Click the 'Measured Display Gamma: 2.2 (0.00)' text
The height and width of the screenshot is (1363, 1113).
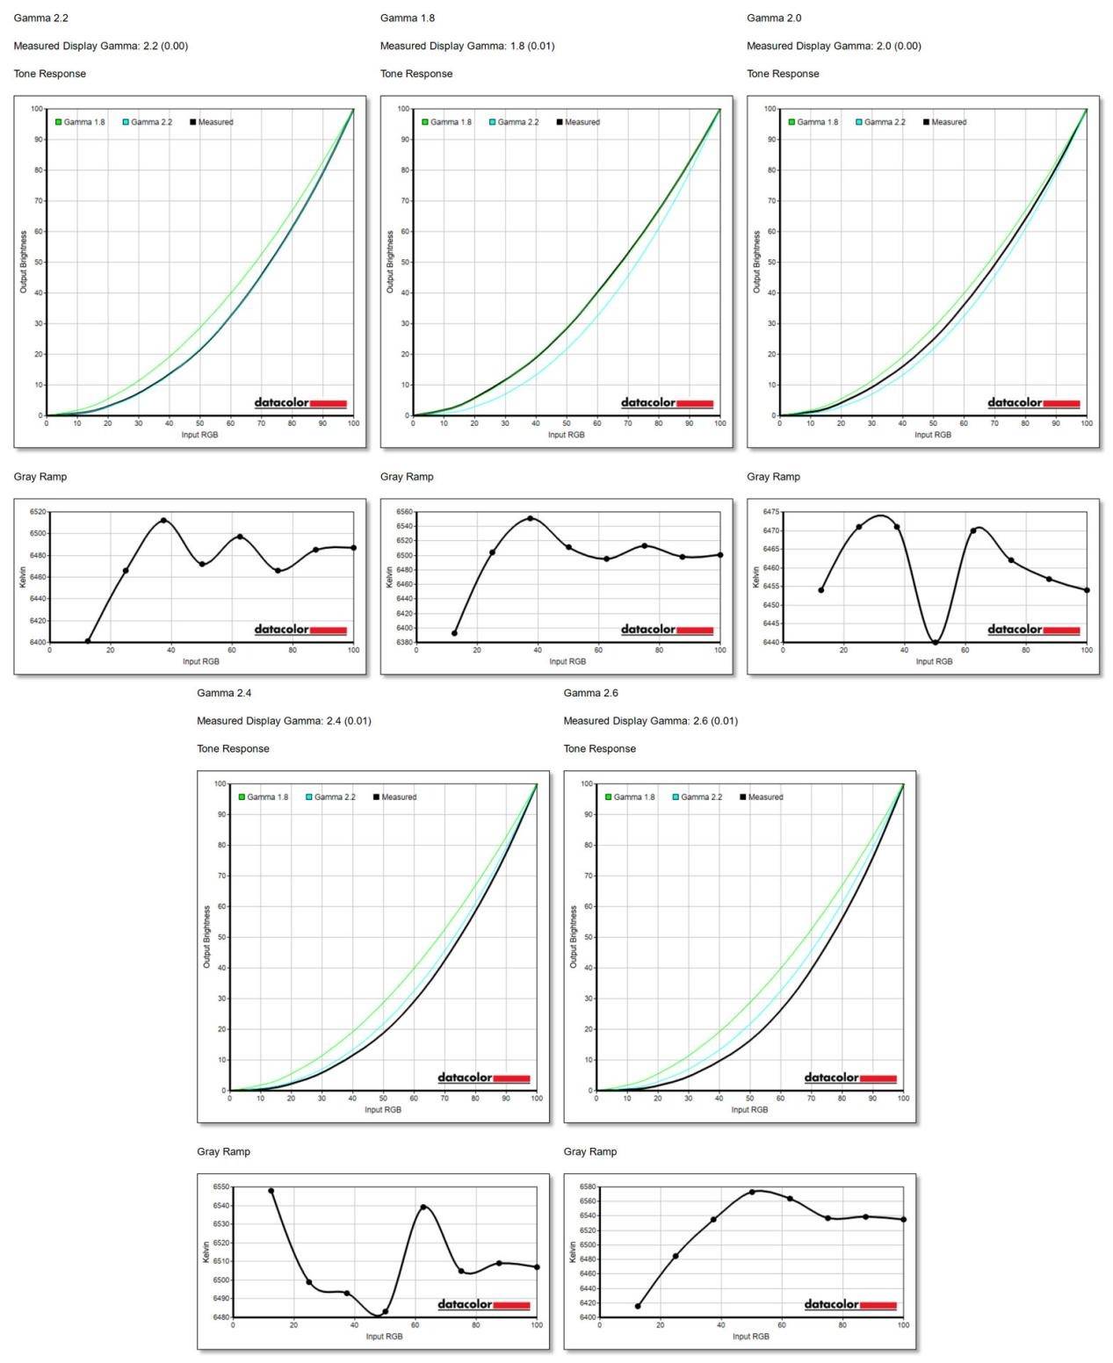[x=100, y=46]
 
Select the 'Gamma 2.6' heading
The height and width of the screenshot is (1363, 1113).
[x=590, y=693]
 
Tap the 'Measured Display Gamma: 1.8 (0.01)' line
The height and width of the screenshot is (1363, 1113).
[x=466, y=46]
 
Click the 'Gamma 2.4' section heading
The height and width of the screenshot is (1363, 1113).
[x=224, y=693]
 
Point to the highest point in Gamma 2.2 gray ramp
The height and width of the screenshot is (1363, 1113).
[x=163, y=520]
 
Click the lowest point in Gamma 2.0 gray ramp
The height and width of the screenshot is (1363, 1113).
[x=936, y=642]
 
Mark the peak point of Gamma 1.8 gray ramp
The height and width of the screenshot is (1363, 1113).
[x=530, y=518]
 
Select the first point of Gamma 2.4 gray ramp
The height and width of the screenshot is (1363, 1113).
[x=271, y=1191]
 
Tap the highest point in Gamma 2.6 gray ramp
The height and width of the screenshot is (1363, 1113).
[x=752, y=1192]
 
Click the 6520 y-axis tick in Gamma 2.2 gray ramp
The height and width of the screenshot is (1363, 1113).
[x=38, y=511]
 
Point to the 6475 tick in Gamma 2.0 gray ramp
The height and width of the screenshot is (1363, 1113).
[x=770, y=511]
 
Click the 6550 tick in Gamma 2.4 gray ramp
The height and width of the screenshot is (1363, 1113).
[x=221, y=1186]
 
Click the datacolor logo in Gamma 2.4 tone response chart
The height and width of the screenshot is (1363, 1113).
[x=483, y=1078]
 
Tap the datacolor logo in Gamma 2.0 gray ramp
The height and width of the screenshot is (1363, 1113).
[x=1033, y=630]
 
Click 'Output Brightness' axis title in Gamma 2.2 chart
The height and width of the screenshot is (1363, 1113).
[x=24, y=262]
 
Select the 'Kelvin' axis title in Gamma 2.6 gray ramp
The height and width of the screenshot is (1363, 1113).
[x=573, y=1251]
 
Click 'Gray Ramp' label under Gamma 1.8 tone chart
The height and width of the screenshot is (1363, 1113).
[x=407, y=477]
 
